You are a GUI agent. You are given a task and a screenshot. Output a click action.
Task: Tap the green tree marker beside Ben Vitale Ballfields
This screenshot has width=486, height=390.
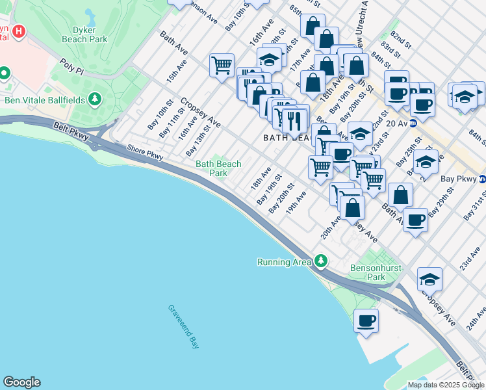tap(96, 99)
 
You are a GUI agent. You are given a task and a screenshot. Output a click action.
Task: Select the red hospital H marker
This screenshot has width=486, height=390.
tap(19, 31)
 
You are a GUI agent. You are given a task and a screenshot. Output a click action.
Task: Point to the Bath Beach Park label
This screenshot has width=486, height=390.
tap(218, 169)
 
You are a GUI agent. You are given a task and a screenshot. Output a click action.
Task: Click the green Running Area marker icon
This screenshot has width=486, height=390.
tap(320, 261)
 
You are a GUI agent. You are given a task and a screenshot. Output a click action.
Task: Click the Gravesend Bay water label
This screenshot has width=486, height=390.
tap(184, 327)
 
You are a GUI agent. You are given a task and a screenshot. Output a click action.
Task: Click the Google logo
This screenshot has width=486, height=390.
tap(21, 382)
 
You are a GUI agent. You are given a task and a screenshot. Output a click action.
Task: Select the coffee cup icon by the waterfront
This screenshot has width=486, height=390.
tap(366, 320)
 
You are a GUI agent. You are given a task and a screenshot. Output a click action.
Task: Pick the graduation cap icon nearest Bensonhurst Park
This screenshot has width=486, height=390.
tap(429, 279)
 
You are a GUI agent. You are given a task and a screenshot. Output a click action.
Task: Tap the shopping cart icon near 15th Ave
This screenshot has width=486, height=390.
tap(222, 65)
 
